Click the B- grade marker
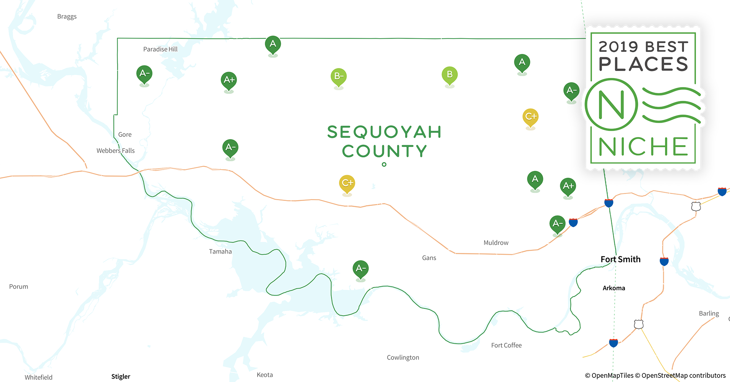[x=339, y=76]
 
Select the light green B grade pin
[x=449, y=74]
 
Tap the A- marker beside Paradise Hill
[x=144, y=73]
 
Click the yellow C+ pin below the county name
[x=347, y=183]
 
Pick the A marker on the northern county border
[x=273, y=44]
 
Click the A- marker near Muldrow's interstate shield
[x=557, y=223]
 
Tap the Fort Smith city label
[x=620, y=259]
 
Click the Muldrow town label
[x=496, y=243]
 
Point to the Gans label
[x=429, y=258]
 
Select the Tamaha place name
[x=220, y=251]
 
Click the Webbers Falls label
[x=115, y=151]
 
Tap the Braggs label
[x=67, y=16]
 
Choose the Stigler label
[x=121, y=377]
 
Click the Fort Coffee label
[x=506, y=345]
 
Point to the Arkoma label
[x=614, y=288]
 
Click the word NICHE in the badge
[x=643, y=147]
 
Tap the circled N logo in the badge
[x=611, y=104]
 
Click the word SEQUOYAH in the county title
[x=384, y=132]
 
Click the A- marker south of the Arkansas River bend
[x=360, y=269]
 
